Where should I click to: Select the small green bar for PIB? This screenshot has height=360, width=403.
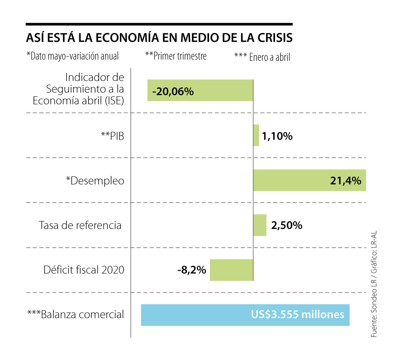click(256, 135)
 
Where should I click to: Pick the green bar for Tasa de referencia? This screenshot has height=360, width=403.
click(260, 225)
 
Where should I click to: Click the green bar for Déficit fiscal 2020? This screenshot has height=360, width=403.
click(231, 270)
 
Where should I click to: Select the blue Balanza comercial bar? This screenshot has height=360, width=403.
click(201, 315)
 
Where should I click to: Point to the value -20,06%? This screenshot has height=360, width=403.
click(173, 91)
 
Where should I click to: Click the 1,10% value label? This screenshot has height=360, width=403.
click(277, 136)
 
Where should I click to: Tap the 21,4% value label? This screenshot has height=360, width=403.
click(346, 181)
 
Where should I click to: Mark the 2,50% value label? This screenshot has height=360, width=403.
click(286, 225)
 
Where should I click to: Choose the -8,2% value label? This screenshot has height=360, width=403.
click(192, 270)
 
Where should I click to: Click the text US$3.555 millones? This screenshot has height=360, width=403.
click(298, 314)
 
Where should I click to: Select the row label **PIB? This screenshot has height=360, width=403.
click(113, 136)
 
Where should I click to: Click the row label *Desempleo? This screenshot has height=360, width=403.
click(95, 181)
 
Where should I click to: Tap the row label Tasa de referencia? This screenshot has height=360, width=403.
click(80, 225)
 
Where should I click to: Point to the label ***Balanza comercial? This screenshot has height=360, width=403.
click(76, 314)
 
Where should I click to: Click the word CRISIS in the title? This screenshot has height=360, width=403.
click(275, 38)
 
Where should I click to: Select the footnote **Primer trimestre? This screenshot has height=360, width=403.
click(176, 56)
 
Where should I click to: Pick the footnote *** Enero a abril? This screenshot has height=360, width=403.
click(262, 57)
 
